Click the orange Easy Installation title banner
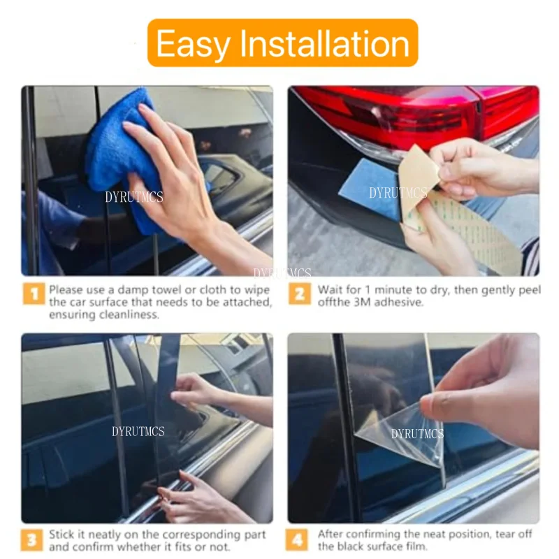282,43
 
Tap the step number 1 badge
33,294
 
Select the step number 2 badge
299,294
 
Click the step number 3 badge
33,540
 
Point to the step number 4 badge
299,540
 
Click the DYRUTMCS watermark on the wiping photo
134,198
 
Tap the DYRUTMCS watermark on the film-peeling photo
417,434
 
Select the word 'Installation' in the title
325,43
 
